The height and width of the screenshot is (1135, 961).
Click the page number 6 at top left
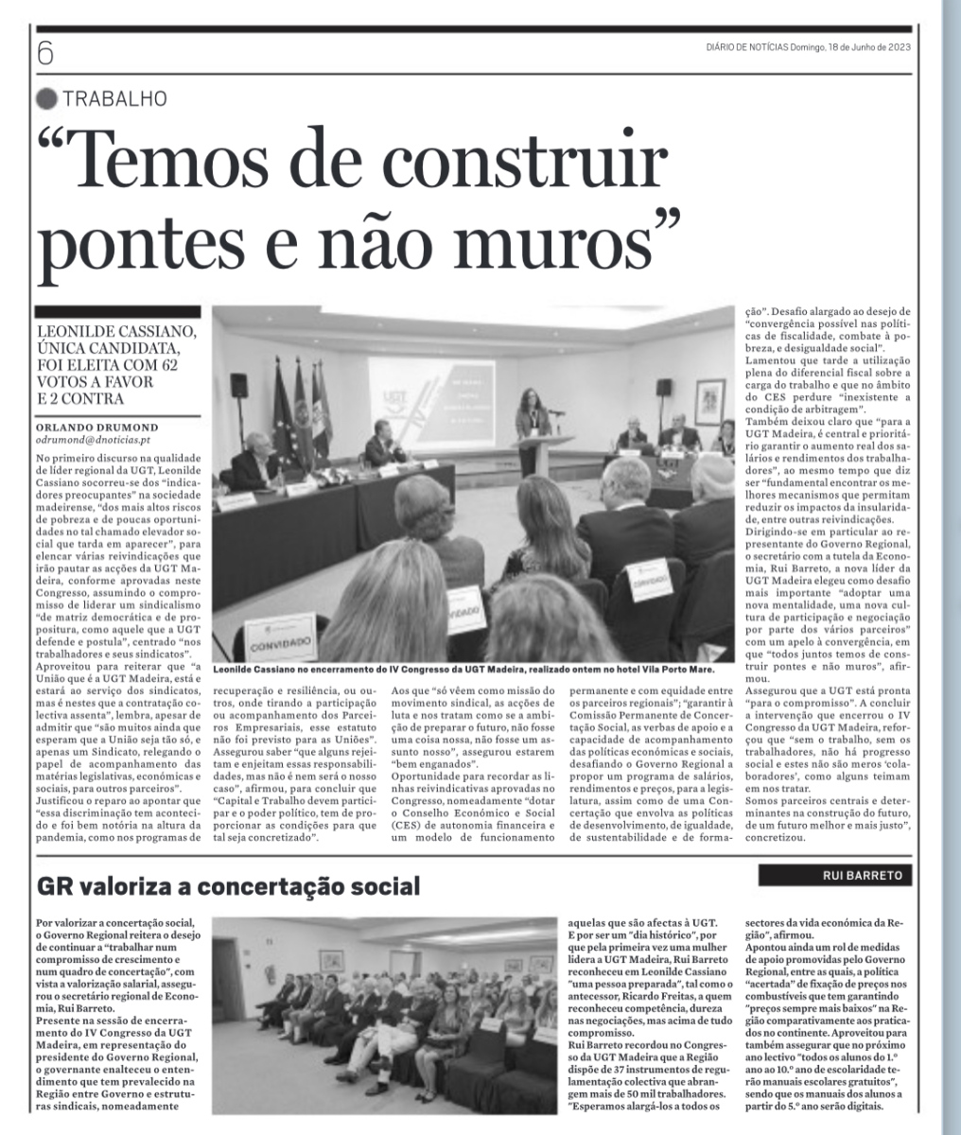(44, 53)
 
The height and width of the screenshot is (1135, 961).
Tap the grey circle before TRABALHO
(45, 97)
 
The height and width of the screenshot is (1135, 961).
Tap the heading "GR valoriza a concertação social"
(227, 887)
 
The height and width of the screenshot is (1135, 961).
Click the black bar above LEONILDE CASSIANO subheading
(118, 311)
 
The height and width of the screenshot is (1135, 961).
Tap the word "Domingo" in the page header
(807, 48)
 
